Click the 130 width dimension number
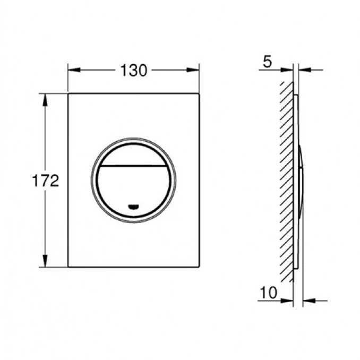point(133,70)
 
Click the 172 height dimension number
point(45,181)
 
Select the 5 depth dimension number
point(267,62)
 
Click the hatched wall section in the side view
point(287,181)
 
